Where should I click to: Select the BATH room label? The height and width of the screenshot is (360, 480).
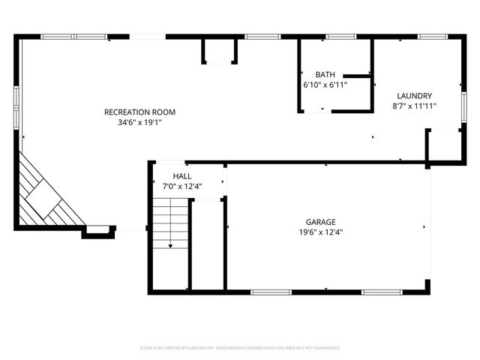[325, 75]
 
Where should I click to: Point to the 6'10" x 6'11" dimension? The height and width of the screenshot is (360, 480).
[325, 85]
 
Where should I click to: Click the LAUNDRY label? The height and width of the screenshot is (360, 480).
[414, 96]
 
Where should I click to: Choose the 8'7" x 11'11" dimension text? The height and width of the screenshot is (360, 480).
[414, 106]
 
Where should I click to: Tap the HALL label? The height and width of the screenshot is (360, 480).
[181, 176]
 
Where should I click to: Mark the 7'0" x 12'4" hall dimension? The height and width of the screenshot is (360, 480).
[181, 186]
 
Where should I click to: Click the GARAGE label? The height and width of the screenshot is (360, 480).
[320, 222]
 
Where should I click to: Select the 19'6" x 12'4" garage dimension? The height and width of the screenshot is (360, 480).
[320, 232]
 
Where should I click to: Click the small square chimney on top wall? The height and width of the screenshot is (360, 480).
[219, 50]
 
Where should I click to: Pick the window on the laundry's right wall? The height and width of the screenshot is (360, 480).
[463, 106]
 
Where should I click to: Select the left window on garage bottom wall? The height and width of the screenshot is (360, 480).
[271, 292]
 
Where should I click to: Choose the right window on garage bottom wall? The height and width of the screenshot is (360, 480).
[383, 292]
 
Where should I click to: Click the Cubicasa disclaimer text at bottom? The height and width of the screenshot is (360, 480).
[240, 348]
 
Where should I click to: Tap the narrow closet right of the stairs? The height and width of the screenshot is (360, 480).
[208, 244]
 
